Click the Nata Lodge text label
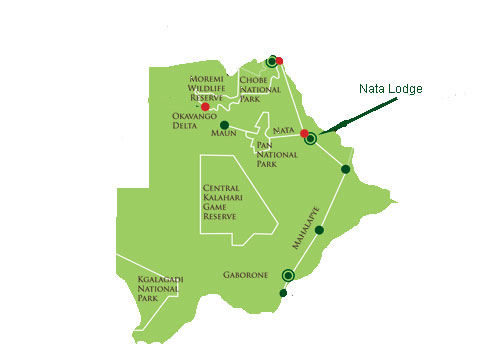(390, 89)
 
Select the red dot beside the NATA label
(304, 132)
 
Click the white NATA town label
(283, 131)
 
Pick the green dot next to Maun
(238, 125)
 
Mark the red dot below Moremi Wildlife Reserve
(205, 106)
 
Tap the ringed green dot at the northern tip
(271, 61)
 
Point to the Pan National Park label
(266, 154)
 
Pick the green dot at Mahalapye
(319, 231)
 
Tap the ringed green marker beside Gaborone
(288, 275)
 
